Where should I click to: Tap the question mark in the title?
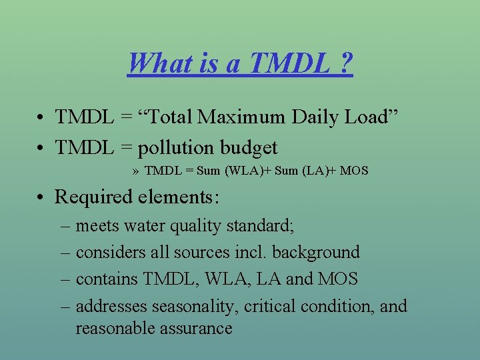click(345, 64)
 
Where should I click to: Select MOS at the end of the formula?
click(353, 171)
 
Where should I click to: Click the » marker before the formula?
click(135, 171)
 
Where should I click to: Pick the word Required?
click(92, 197)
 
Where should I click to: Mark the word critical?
click(271, 306)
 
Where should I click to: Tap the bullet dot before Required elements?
click(41, 197)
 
